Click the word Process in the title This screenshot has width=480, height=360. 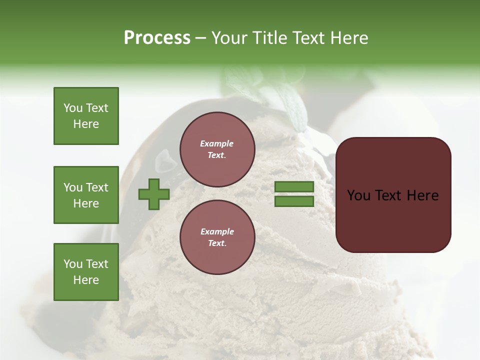click(x=157, y=38)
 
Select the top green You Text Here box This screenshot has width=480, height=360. click(x=86, y=116)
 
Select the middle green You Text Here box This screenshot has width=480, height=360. click(x=86, y=195)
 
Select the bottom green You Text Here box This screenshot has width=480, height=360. click(x=86, y=271)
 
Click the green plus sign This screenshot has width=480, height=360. click(x=154, y=194)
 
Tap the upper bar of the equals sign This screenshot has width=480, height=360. click(x=294, y=187)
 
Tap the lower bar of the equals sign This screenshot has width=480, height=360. click(x=294, y=201)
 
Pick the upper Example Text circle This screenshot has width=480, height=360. click(x=217, y=149)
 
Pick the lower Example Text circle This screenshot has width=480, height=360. click(x=217, y=237)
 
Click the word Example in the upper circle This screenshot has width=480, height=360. click(x=217, y=143)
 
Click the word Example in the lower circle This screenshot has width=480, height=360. click(x=217, y=231)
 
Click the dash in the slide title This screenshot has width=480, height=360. click(x=201, y=38)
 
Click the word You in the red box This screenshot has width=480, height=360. click(x=358, y=195)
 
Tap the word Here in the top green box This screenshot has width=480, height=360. click(x=86, y=124)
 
